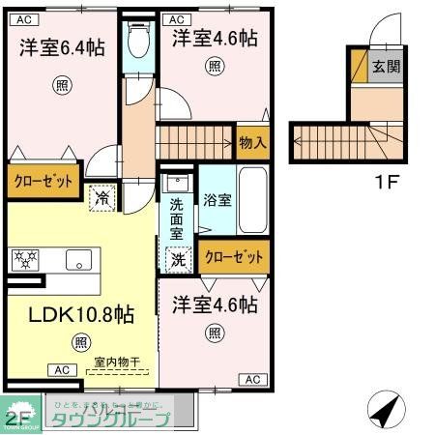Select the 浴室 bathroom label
click(217, 200)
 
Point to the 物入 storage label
click(252, 142)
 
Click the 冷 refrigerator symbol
click(101, 197)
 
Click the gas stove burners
click(25, 259)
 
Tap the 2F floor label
click(16, 419)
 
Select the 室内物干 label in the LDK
click(117, 362)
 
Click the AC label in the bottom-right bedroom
click(251, 380)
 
